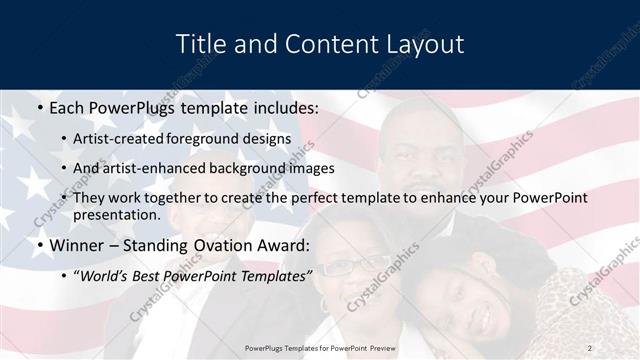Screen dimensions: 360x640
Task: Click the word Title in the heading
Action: tap(200, 45)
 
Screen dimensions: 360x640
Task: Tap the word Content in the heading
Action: tap(321, 45)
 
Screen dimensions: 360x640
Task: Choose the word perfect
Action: tap(301, 198)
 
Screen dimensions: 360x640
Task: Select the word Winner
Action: tap(74, 245)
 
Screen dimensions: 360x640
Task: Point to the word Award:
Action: tap(287, 245)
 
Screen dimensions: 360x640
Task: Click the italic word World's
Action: tap(104, 275)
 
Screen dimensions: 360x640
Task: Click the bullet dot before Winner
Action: tap(38, 245)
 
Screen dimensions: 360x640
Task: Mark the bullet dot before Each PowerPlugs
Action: tap(38, 107)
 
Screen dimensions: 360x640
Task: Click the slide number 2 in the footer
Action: tap(589, 347)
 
